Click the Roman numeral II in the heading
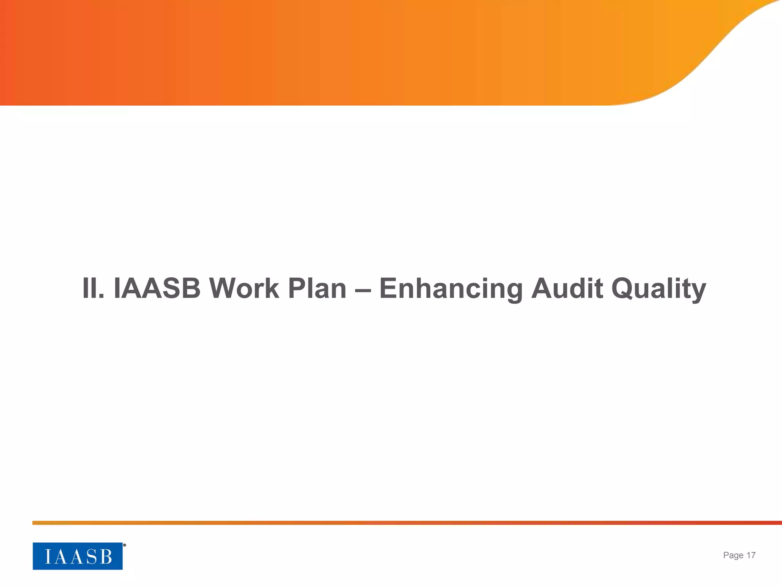coord(93,288)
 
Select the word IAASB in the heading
coord(157,288)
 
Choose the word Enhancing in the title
coord(451,288)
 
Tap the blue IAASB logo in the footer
coord(78,556)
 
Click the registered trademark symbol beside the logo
coord(124,545)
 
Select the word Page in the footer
coord(733,555)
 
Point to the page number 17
coord(751,555)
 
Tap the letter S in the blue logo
coord(91,557)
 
